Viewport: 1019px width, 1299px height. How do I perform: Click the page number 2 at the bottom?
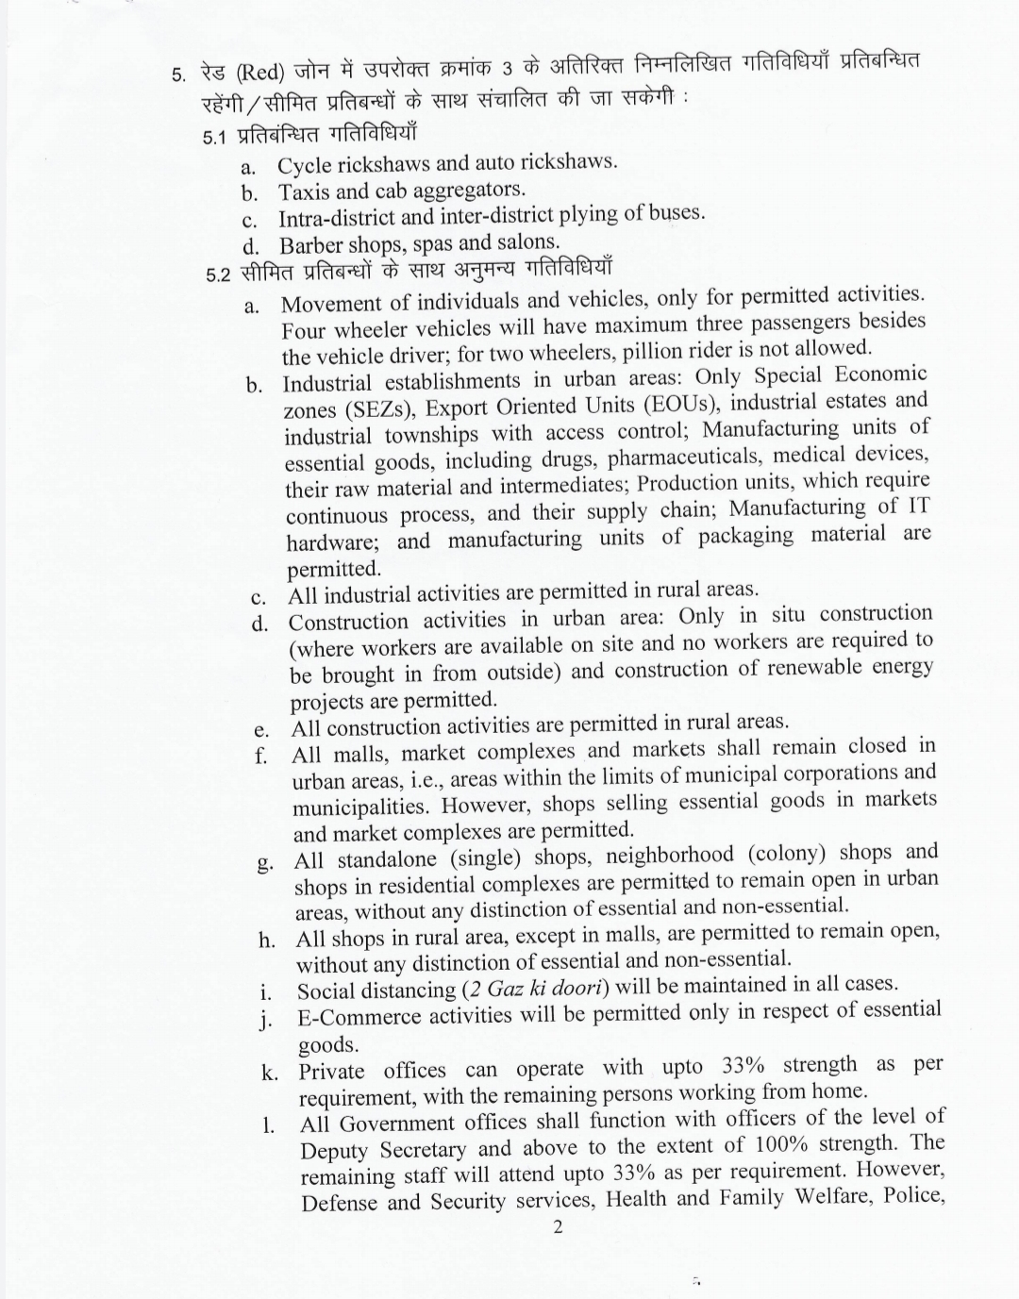(x=559, y=1227)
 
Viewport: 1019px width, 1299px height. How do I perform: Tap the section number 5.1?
(x=215, y=137)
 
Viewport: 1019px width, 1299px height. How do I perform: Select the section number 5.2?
(x=218, y=275)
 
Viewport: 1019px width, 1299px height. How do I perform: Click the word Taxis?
(x=304, y=192)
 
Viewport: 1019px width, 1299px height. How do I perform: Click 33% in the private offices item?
(x=747, y=1066)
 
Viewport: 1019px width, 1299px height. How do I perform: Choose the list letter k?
(x=269, y=1073)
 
